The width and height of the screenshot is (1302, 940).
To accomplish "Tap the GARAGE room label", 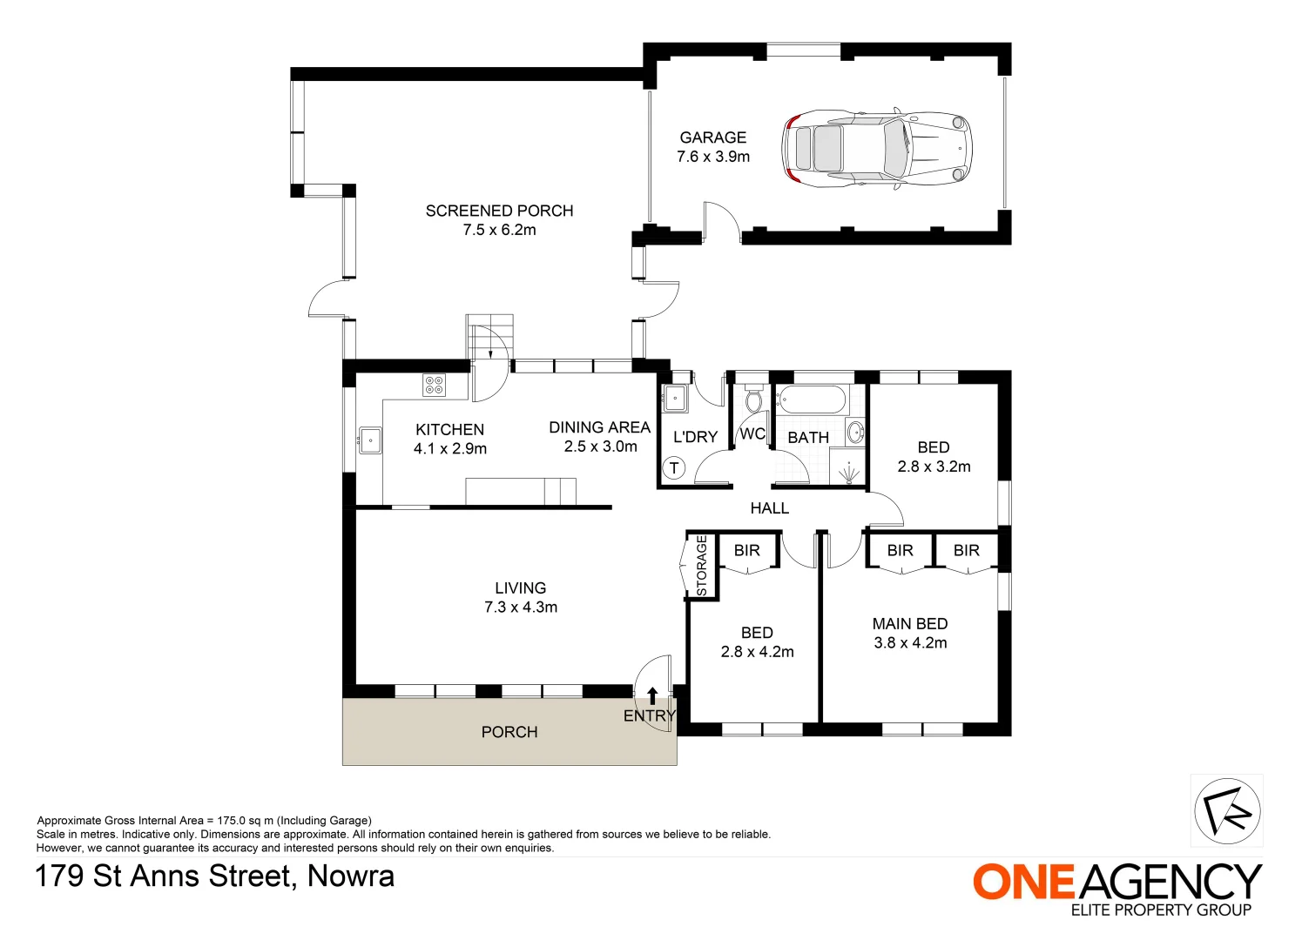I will click(712, 138).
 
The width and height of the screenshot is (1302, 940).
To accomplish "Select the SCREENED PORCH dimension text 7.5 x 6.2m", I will click(499, 230).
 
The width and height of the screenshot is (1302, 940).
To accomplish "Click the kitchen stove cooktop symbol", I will click(434, 385).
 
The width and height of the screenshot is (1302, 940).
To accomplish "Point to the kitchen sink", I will click(370, 440).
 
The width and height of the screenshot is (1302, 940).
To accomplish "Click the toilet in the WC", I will click(753, 399).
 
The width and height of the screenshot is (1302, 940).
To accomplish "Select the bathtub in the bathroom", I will click(810, 400).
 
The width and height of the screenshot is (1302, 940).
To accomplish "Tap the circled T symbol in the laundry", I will click(673, 468).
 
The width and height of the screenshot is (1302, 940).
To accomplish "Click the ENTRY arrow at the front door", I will click(652, 695).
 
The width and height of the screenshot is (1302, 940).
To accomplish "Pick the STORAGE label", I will click(702, 565).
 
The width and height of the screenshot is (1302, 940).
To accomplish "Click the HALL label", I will click(769, 508).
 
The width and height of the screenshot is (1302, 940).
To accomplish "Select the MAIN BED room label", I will click(909, 624).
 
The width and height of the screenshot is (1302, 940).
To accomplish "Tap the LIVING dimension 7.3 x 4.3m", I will click(521, 608).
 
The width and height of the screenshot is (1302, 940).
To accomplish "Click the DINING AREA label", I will click(599, 427).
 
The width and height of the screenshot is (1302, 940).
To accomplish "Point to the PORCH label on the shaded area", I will click(509, 732).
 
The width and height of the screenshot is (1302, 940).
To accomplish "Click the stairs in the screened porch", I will click(490, 336).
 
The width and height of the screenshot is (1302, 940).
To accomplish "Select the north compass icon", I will click(1226, 811).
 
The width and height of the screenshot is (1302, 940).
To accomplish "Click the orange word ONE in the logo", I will click(1024, 883).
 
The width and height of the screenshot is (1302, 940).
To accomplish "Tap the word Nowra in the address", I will click(351, 876).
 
